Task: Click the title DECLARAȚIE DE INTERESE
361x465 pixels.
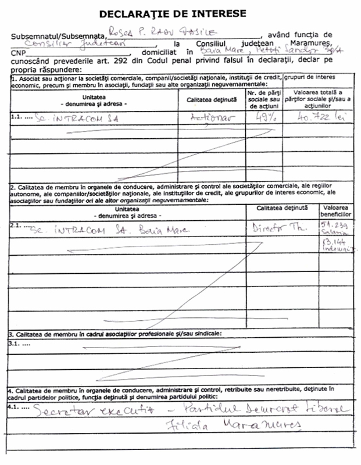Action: pyautogui.click(x=181, y=12)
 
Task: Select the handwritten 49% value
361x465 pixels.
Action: pyautogui.click(x=258, y=117)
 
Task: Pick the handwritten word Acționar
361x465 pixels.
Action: pyautogui.click(x=211, y=117)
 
